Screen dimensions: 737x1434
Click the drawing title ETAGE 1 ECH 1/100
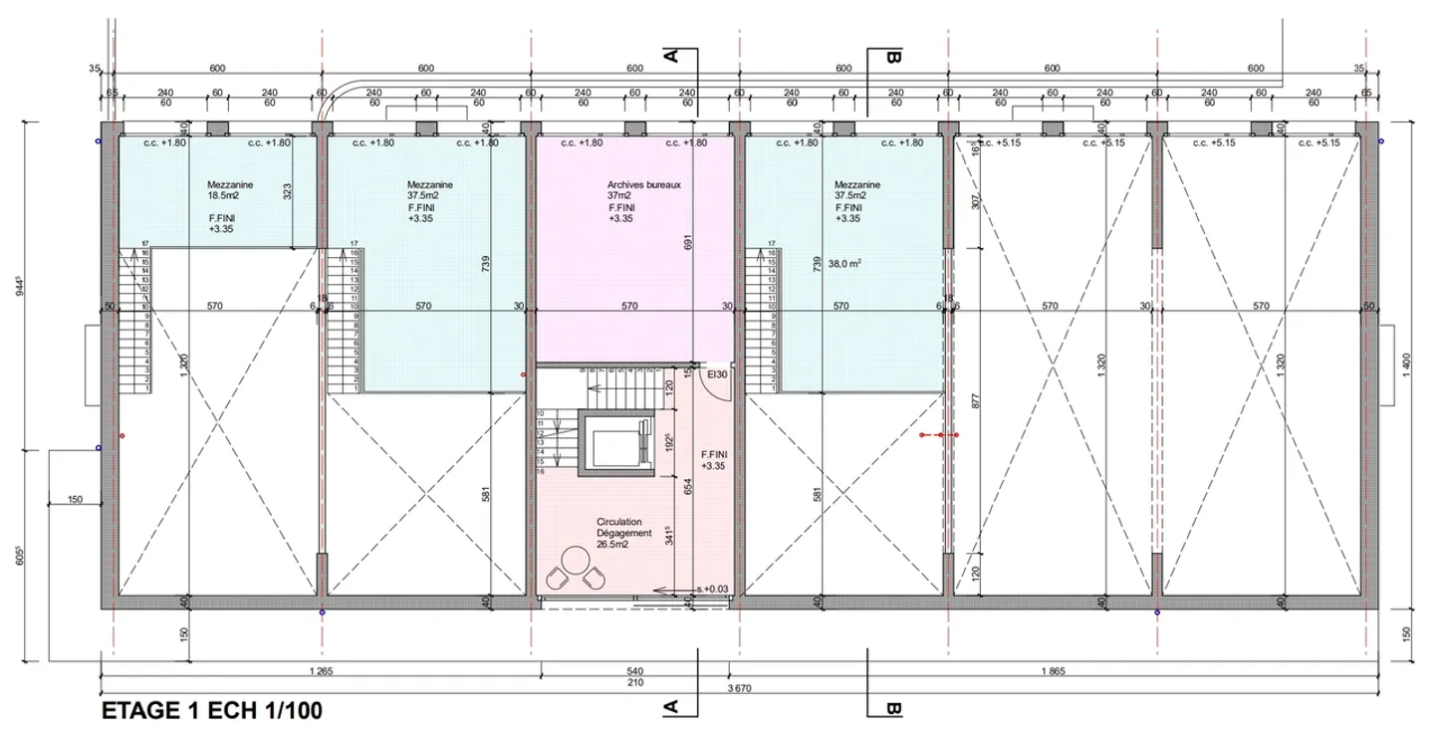click(x=212, y=712)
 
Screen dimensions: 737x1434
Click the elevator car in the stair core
click(x=616, y=442)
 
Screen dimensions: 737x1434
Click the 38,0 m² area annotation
click(x=845, y=264)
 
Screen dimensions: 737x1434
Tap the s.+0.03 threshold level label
click(x=713, y=589)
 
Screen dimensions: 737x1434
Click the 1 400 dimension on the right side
click(x=1405, y=367)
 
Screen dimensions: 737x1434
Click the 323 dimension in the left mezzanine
click(x=288, y=191)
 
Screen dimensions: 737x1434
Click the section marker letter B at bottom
click(x=893, y=709)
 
